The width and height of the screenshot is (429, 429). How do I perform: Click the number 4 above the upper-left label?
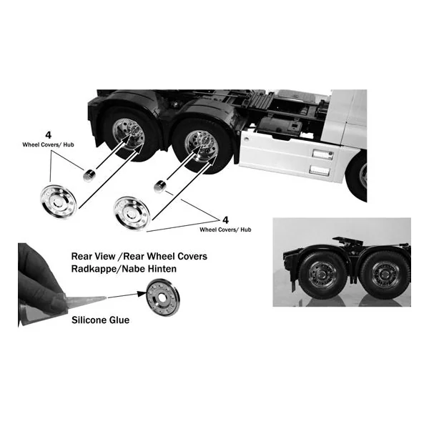48,135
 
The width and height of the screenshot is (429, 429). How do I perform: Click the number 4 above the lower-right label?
225,220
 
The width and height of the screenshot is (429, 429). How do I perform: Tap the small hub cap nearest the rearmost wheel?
89,175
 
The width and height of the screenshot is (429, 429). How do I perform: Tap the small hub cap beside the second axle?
159,187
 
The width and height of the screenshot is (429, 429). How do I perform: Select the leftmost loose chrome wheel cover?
59,202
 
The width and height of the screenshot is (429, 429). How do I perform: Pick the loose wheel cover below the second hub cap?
132,214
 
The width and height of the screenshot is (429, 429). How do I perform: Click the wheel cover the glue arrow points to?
163,297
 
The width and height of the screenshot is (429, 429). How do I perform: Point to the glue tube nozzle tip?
105,297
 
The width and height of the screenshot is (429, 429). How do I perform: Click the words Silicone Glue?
100,320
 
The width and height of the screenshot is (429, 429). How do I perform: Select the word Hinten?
162,269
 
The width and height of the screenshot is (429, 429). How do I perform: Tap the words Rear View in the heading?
93,257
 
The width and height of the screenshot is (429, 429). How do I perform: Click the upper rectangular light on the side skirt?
323,154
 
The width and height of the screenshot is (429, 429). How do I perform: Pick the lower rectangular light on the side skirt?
320,171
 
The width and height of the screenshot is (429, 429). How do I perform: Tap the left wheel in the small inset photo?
322,275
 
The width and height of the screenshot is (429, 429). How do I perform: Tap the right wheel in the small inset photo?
385,275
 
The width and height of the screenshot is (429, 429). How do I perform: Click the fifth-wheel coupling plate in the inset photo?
347,240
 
